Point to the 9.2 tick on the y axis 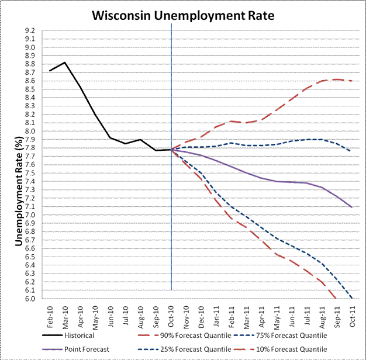pyautogui.click(x=30, y=31)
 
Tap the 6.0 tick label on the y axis pyautogui.click(x=30, y=299)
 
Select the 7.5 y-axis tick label pyautogui.click(x=30, y=174)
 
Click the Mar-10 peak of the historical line pyautogui.click(x=65, y=63)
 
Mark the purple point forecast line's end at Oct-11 pyautogui.click(x=351, y=207)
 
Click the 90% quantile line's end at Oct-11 pyautogui.click(x=351, y=81)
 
